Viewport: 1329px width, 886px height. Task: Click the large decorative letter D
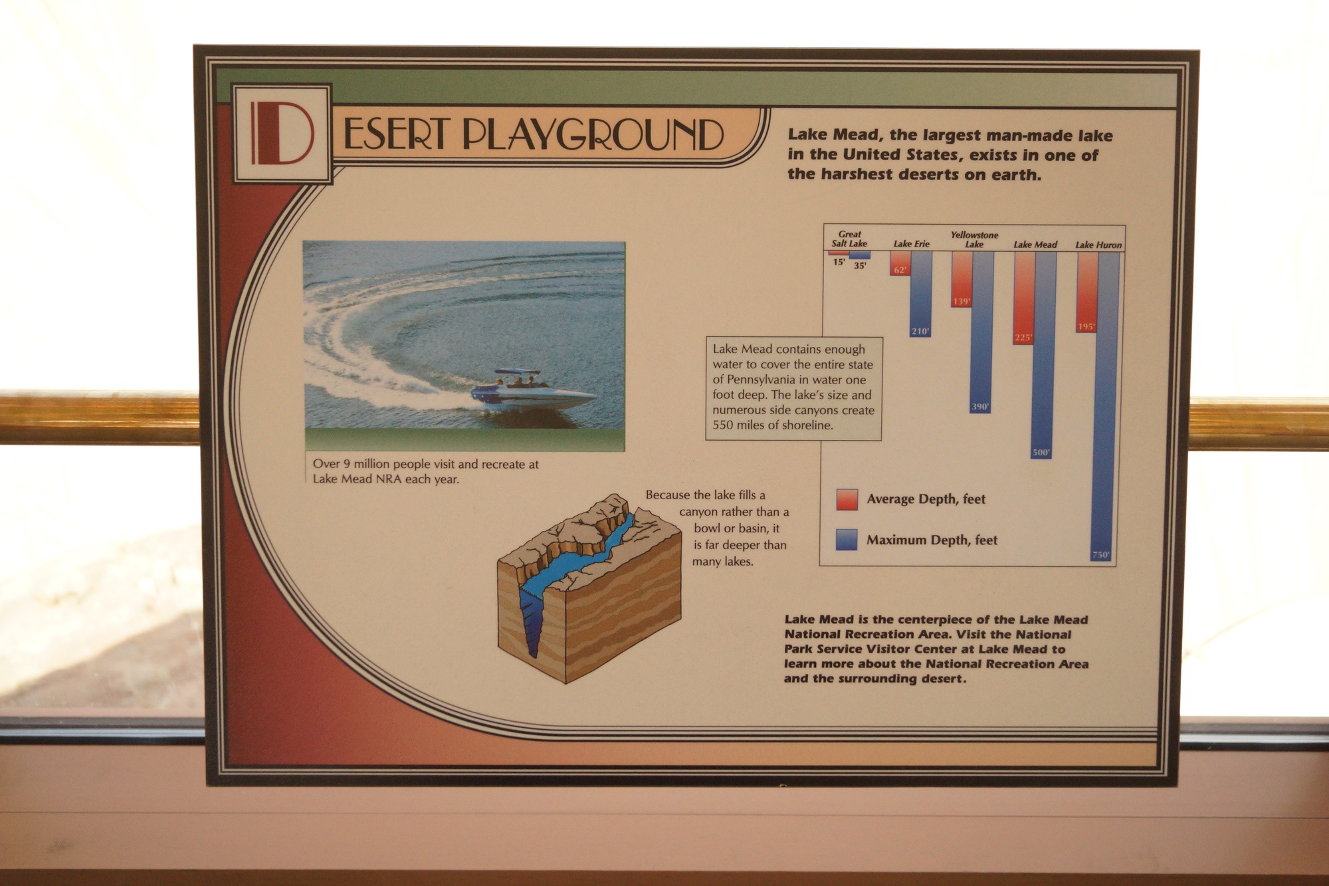pos(282,133)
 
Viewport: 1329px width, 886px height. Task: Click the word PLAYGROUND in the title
pos(593,135)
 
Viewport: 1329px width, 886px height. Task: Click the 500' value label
pos(1041,453)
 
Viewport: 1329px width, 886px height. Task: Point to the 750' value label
pos(1101,555)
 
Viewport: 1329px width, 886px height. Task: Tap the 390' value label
pos(980,407)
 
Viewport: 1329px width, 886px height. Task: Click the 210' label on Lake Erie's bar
pos(920,331)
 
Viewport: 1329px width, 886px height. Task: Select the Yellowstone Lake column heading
pos(974,239)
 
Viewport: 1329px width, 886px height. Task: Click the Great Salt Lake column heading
pos(849,239)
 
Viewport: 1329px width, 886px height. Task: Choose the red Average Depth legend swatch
pos(847,500)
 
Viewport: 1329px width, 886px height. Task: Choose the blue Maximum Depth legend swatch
pos(847,540)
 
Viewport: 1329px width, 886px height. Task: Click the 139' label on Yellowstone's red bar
pos(962,302)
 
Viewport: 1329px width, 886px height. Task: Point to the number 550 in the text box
pos(723,425)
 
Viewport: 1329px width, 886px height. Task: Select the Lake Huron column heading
pos(1098,245)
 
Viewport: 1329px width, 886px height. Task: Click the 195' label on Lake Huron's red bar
pos(1086,326)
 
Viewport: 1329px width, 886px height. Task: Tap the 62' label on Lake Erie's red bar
pos(900,270)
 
